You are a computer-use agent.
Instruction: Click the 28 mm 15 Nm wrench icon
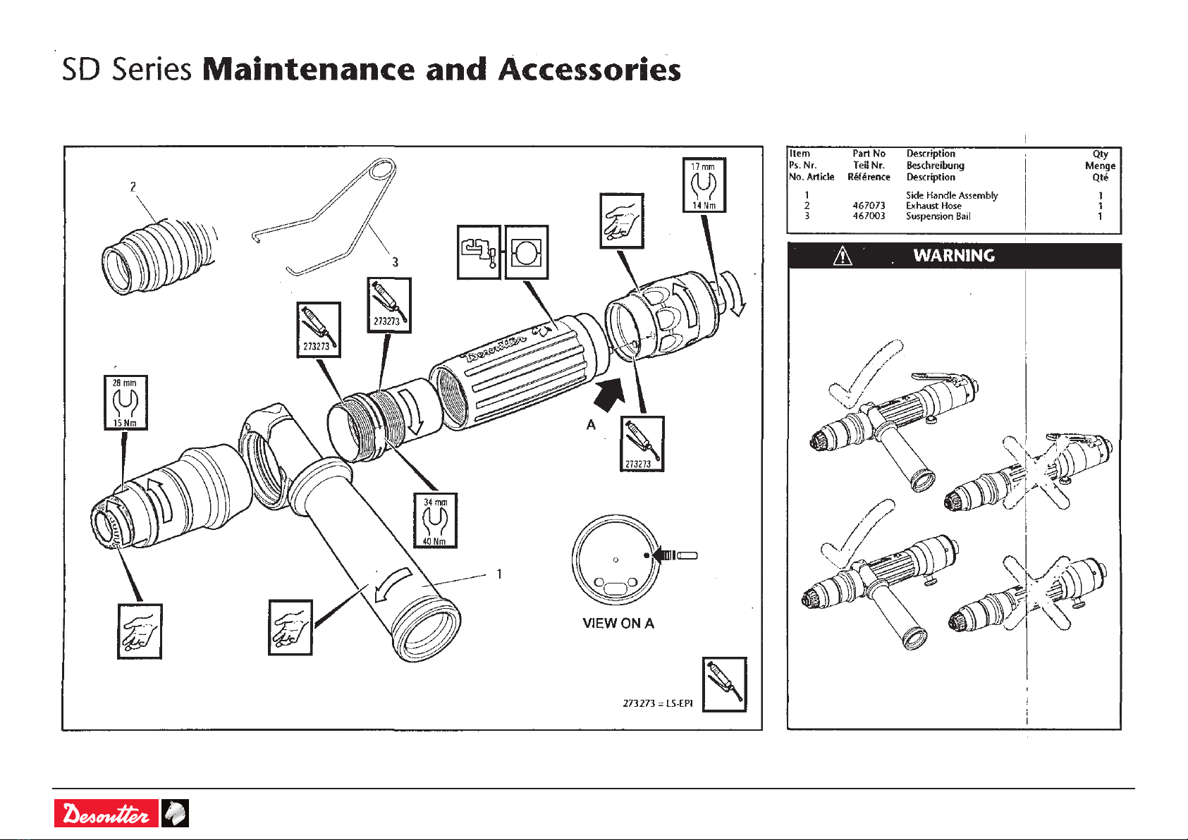click(x=125, y=402)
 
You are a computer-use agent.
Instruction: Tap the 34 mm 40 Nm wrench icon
click(x=435, y=520)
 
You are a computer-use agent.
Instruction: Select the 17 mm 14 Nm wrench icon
click(x=704, y=185)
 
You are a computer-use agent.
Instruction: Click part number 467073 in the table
click(x=869, y=206)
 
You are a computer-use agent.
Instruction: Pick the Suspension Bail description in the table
click(x=938, y=216)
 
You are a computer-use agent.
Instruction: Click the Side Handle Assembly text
click(x=952, y=195)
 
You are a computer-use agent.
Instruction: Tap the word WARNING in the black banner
click(x=954, y=256)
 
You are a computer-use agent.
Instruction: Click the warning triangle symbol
click(x=842, y=257)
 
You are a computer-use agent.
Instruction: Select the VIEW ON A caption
click(x=618, y=623)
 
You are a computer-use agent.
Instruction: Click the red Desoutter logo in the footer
click(x=106, y=814)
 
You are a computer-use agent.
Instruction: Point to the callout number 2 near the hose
click(x=133, y=187)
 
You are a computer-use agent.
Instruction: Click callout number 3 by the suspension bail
click(x=395, y=262)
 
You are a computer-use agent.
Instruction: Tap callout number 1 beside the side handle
click(x=499, y=574)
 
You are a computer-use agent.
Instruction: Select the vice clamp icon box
click(x=479, y=252)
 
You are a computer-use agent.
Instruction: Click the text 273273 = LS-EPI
click(x=658, y=703)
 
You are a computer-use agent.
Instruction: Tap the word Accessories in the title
click(x=589, y=70)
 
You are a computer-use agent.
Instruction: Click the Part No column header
click(x=869, y=154)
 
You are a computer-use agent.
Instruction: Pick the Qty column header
click(x=1100, y=154)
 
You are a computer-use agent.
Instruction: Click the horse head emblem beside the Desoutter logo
click(x=175, y=814)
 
